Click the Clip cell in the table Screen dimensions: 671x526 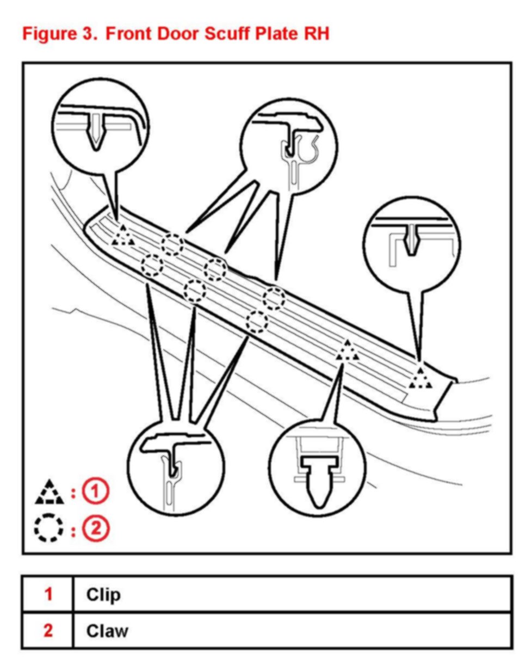[x=103, y=594]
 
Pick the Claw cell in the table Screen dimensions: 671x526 [x=107, y=631]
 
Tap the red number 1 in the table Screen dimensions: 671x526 [x=48, y=594]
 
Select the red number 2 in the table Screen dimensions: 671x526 [x=48, y=630]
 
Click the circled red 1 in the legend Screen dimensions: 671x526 [x=96, y=492]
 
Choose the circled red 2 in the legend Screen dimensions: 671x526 [x=96, y=528]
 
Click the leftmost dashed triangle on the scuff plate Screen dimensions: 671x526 [x=123, y=236]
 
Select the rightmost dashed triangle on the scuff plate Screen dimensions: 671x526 [x=420, y=378]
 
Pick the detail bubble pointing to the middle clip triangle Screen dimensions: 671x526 [x=317, y=466]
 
